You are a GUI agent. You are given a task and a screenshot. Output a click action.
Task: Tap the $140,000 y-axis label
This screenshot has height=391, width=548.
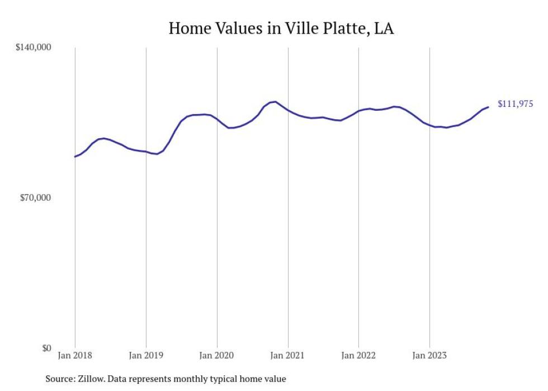(33, 48)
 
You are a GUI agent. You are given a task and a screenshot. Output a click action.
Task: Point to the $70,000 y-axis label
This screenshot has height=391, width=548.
(35, 198)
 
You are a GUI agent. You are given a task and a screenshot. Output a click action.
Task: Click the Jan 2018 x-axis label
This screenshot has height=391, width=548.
(75, 356)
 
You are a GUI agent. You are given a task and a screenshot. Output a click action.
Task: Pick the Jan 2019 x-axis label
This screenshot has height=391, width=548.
(146, 356)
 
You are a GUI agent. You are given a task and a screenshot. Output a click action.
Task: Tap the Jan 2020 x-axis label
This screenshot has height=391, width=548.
(217, 356)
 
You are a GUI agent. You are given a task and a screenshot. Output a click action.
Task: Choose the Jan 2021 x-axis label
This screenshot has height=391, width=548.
(287, 356)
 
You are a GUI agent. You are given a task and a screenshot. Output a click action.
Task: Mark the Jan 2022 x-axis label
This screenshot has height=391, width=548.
(358, 356)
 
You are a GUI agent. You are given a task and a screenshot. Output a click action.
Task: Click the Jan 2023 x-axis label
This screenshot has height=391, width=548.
(429, 356)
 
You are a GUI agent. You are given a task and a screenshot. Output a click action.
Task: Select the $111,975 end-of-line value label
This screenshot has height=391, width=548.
(515, 104)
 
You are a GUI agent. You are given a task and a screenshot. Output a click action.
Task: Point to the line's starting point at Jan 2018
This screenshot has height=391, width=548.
(75, 157)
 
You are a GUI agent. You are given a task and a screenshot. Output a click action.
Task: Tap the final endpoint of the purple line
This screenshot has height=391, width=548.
(488, 107)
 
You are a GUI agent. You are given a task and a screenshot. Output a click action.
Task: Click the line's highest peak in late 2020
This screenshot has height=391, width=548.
(275, 102)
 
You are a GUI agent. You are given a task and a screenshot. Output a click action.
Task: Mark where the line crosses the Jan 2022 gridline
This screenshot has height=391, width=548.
(358, 111)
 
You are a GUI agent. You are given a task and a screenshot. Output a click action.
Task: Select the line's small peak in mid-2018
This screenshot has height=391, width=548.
(104, 138)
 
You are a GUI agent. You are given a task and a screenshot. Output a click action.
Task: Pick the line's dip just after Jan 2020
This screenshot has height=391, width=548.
(230, 128)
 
